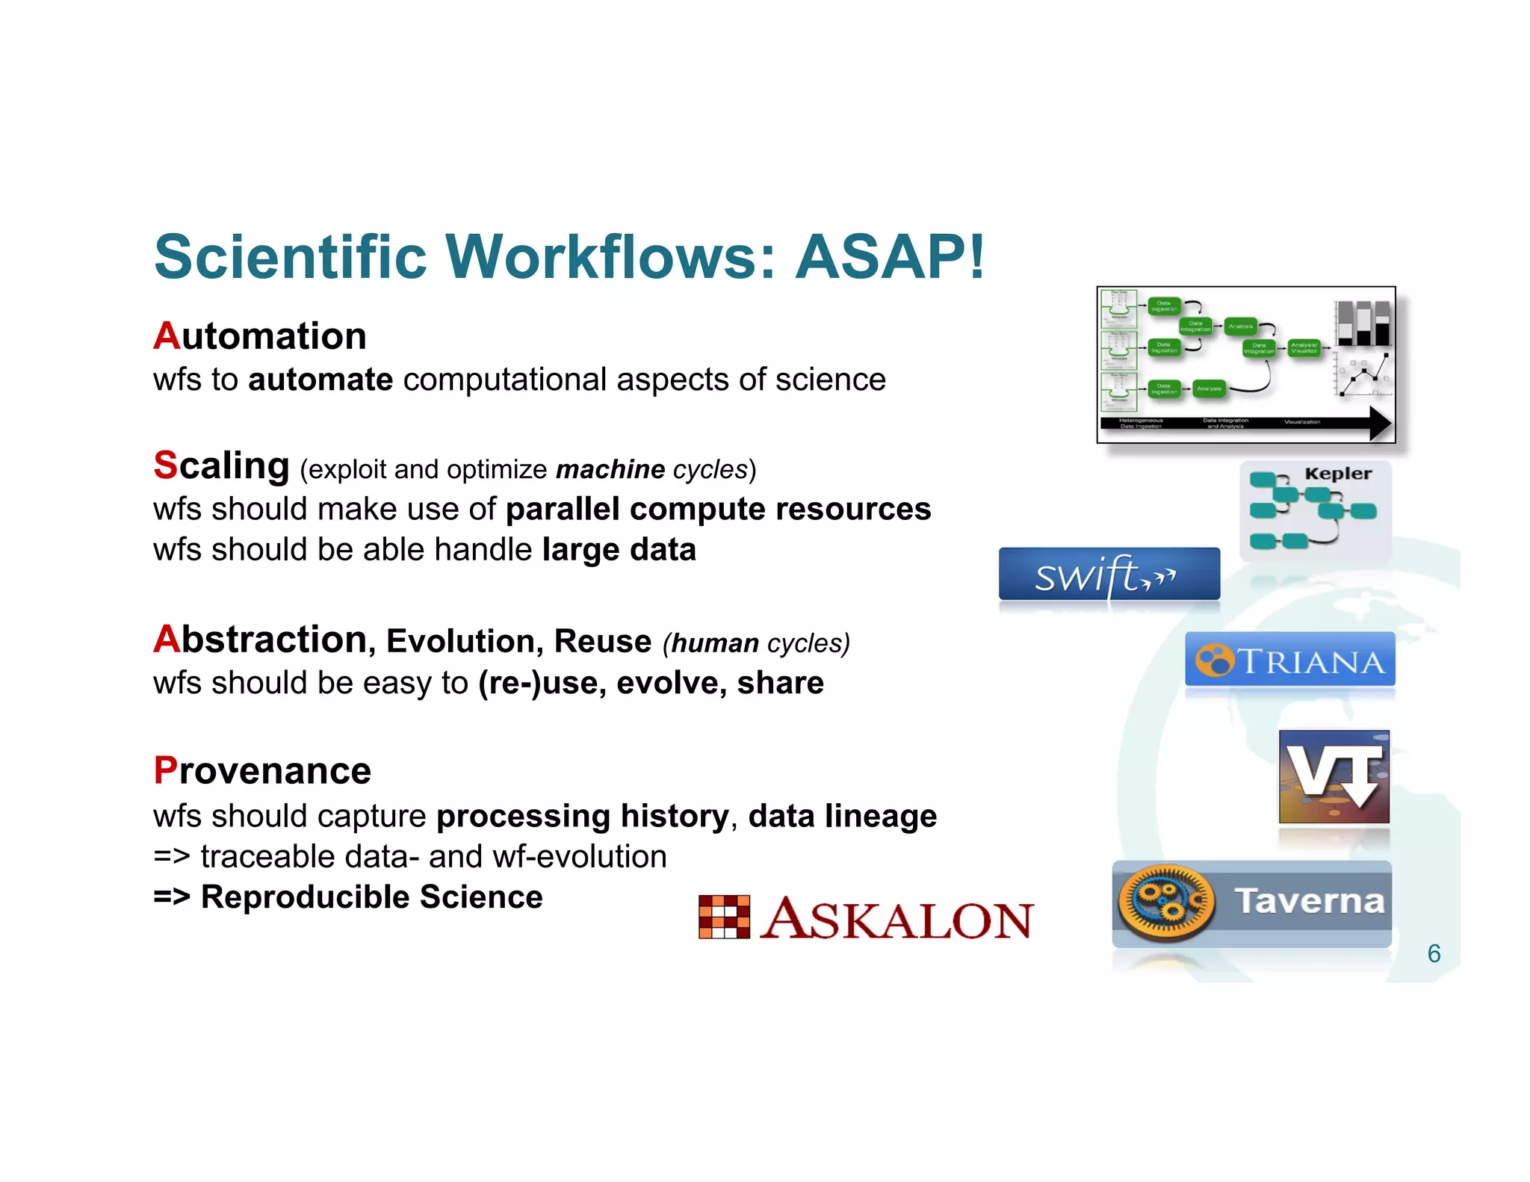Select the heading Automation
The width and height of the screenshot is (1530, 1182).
tap(260, 336)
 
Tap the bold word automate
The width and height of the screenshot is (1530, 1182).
tap(320, 380)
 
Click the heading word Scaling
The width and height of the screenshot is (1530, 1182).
tap(222, 465)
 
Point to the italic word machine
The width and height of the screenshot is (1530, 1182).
tap(610, 469)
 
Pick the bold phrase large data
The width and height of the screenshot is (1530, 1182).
tap(619, 549)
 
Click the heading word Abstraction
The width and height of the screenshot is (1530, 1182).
tap(260, 640)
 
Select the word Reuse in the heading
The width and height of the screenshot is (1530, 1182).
tap(602, 642)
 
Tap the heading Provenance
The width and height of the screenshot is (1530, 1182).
tap(262, 771)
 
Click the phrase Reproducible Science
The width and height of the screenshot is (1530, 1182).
tap(371, 897)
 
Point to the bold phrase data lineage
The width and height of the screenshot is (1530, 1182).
tap(842, 816)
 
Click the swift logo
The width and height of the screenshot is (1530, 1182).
tap(1109, 575)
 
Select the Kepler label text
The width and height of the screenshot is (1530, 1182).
tap(1337, 474)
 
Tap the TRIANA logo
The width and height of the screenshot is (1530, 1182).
tap(1289, 660)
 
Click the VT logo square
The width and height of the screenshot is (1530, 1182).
tap(1334, 776)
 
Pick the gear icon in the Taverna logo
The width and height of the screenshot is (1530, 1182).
tap(1165, 901)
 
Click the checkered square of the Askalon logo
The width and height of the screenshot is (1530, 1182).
tap(724, 917)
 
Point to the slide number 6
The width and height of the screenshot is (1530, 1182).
tap(1434, 953)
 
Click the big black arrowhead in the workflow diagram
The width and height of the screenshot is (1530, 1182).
tap(1379, 424)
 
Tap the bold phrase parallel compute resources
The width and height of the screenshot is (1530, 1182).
tap(718, 509)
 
